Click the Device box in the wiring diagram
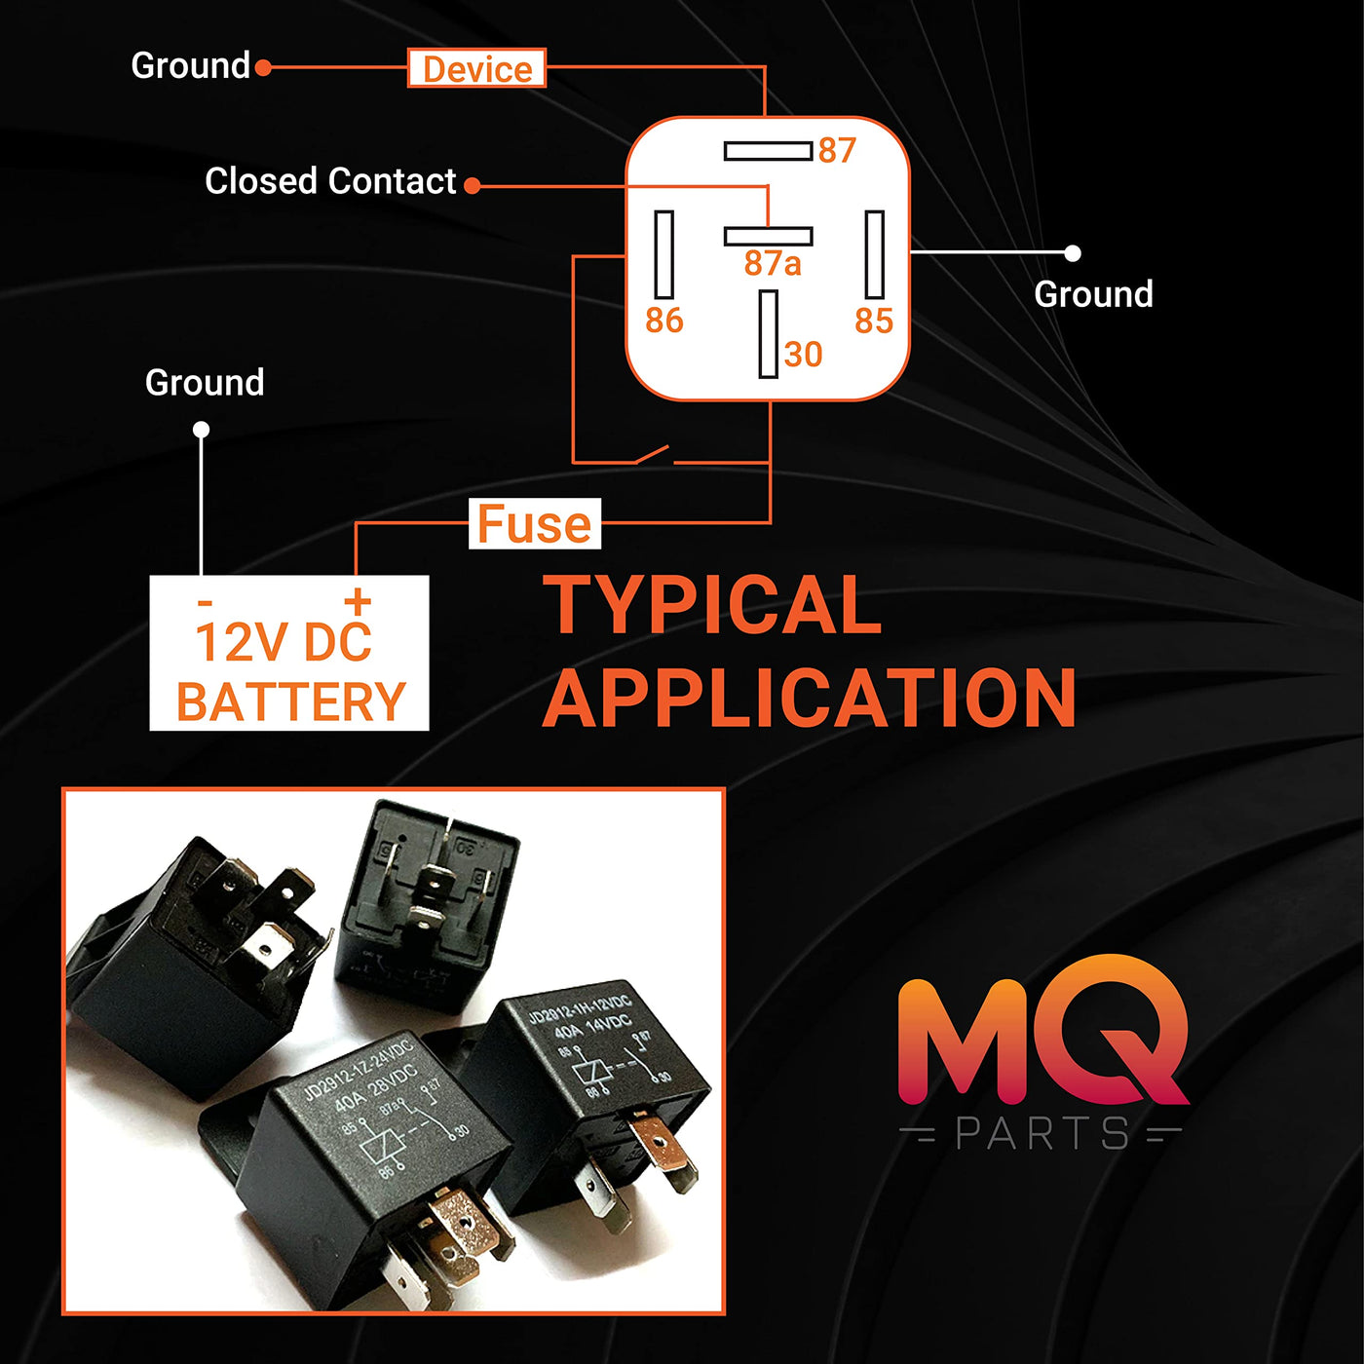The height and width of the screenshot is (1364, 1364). click(x=476, y=68)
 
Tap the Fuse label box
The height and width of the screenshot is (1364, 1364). click(x=534, y=524)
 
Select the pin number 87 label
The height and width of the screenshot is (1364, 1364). click(x=837, y=150)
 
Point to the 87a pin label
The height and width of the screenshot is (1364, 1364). click(x=772, y=263)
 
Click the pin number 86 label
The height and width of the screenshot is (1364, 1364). click(x=664, y=321)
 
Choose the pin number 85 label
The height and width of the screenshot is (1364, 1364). click(x=874, y=321)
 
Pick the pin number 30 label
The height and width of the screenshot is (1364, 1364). click(x=804, y=355)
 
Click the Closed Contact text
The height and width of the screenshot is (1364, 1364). click(x=330, y=181)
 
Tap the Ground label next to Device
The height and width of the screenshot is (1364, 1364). click(x=191, y=66)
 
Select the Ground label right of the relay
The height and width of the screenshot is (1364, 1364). click(x=1093, y=294)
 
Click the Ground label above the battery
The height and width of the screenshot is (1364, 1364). click(x=205, y=383)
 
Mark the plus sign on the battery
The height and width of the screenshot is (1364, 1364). click(x=358, y=600)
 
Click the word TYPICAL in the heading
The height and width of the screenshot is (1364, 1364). click(x=712, y=605)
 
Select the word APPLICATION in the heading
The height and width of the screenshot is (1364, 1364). click(x=809, y=698)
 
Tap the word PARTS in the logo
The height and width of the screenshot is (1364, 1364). click(x=1042, y=1134)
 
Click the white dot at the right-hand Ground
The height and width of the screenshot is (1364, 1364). click(x=1073, y=253)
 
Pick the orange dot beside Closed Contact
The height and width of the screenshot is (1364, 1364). click(x=473, y=185)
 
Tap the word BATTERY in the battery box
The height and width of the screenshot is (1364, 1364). click(x=290, y=701)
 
